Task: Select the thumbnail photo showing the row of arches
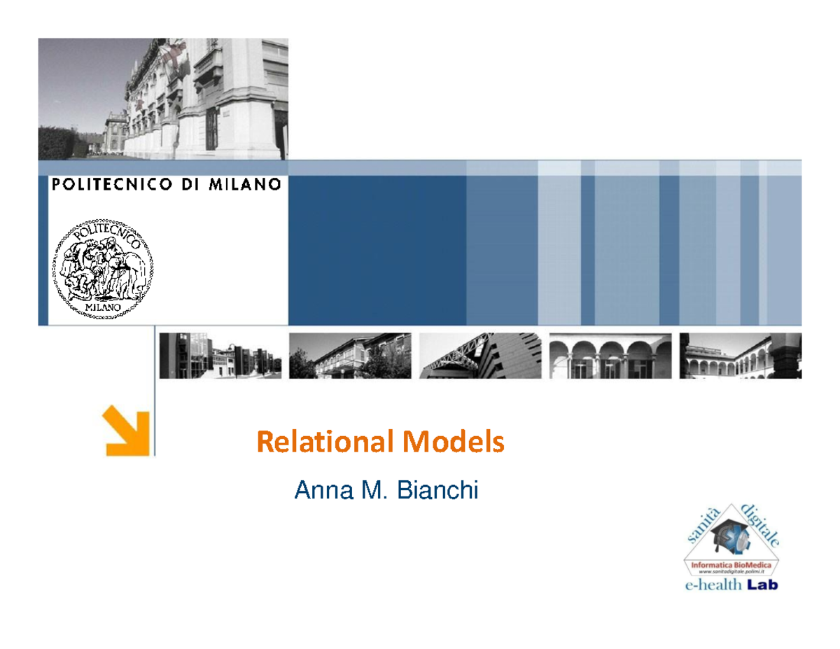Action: point(610,355)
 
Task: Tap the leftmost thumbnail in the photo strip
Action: point(220,355)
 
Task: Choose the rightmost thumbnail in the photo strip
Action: point(741,355)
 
